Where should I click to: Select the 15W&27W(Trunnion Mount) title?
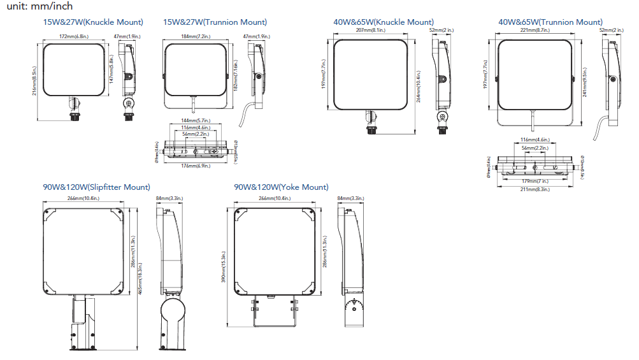click(x=215, y=22)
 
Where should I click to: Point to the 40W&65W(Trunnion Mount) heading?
click(x=550, y=22)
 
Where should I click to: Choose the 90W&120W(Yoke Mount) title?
click(x=281, y=187)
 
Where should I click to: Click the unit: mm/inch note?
click(x=36, y=6)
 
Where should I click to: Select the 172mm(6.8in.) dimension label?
click(x=74, y=37)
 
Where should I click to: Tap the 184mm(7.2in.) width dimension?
click(x=194, y=37)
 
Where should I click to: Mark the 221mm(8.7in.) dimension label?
click(x=535, y=31)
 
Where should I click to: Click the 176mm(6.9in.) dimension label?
click(x=194, y=166)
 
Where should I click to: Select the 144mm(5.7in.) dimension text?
click(x=194, y=120)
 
